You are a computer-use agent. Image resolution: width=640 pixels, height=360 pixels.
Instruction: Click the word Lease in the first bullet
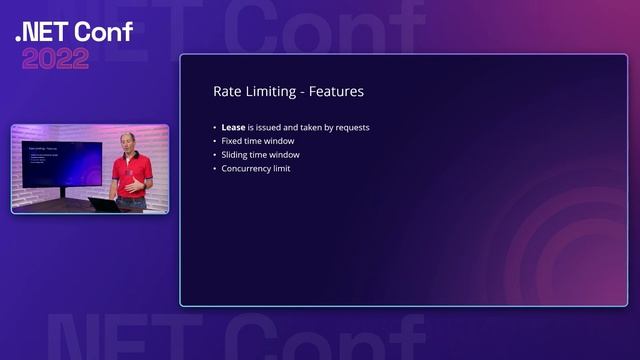(234, 128)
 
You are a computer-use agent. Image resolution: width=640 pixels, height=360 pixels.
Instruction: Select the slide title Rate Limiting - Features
(288, 91)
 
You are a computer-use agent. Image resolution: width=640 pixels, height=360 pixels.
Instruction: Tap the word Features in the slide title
(336, 91)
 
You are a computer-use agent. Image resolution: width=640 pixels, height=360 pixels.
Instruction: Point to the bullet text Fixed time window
(258, 141)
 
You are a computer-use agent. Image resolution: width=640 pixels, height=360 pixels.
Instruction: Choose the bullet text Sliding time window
(260, 155)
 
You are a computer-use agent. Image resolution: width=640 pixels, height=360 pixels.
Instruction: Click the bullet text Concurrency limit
(256, 169)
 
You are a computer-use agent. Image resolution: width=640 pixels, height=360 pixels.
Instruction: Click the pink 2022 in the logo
(56, 58)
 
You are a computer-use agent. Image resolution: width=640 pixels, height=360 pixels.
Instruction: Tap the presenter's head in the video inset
(127, 141)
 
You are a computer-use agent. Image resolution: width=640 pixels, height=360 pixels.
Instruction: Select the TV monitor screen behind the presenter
(61, 163)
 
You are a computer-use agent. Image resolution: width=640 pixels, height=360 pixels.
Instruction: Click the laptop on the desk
(103, 204)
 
